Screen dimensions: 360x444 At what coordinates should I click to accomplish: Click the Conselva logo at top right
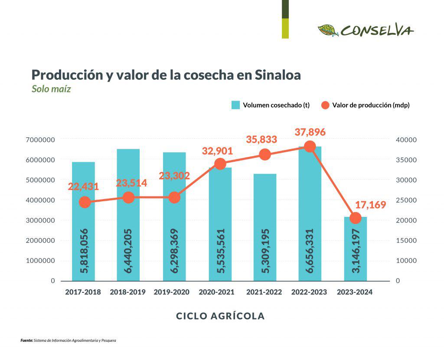[366, 30]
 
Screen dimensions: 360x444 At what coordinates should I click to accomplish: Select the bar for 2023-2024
[356, 249]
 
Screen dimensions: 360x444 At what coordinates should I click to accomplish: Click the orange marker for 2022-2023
[310, 147]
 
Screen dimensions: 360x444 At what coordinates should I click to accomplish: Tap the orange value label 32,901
[217, 151]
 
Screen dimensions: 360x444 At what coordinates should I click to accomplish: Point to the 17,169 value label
[370, 205]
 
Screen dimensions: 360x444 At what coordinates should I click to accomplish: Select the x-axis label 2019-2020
[172, 292]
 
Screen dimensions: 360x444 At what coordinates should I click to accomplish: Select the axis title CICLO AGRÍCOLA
[220, 316]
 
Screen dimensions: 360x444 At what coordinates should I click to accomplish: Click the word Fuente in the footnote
[26, 340]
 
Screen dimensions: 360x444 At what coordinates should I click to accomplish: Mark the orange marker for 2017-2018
[85, 202]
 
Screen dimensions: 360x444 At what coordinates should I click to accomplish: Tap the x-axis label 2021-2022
[264, 292]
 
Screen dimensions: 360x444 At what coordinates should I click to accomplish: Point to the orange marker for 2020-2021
[220, 164]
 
